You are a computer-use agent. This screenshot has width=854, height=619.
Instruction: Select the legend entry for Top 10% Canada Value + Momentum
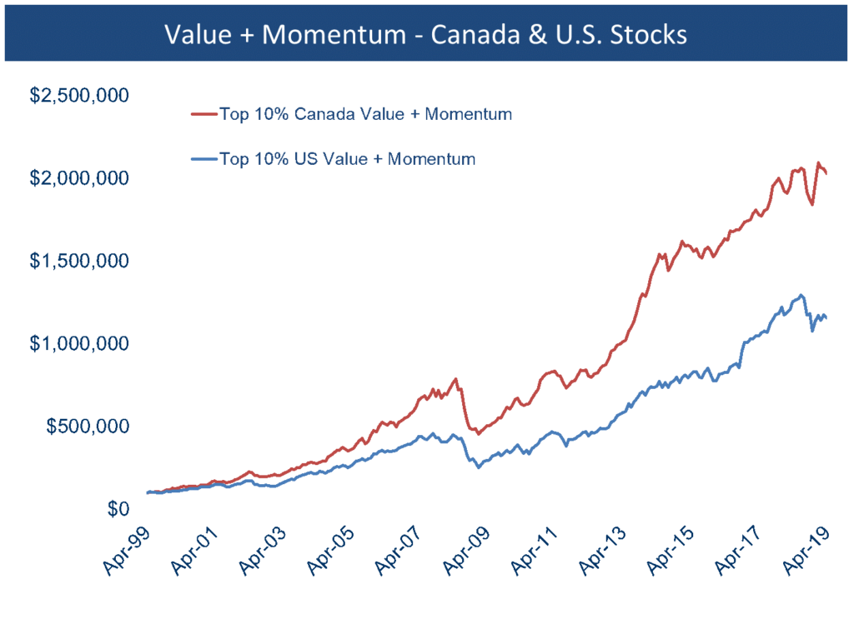pos(364,114)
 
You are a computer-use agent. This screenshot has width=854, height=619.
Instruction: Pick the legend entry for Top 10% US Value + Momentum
pos(346,158)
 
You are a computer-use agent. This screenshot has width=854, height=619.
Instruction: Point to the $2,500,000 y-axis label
pos(78,96)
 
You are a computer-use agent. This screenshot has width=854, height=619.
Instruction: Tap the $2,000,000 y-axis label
pos(78,178)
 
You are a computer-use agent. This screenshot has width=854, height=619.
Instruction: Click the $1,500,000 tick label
pos(78,261)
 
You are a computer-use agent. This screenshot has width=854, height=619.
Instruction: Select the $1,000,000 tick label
pos(78,343)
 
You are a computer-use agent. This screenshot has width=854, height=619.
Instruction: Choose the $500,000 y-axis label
pos(87,426)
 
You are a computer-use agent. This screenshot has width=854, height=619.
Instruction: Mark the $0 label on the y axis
pos(117,508)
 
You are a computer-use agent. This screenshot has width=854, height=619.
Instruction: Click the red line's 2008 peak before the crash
pos(455,378)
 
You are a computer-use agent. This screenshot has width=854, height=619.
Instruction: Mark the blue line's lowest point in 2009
pos(479,467)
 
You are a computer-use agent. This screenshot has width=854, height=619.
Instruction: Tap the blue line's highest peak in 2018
pos(801,295)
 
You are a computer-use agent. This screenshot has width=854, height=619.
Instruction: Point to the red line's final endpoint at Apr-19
pos(826,173)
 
